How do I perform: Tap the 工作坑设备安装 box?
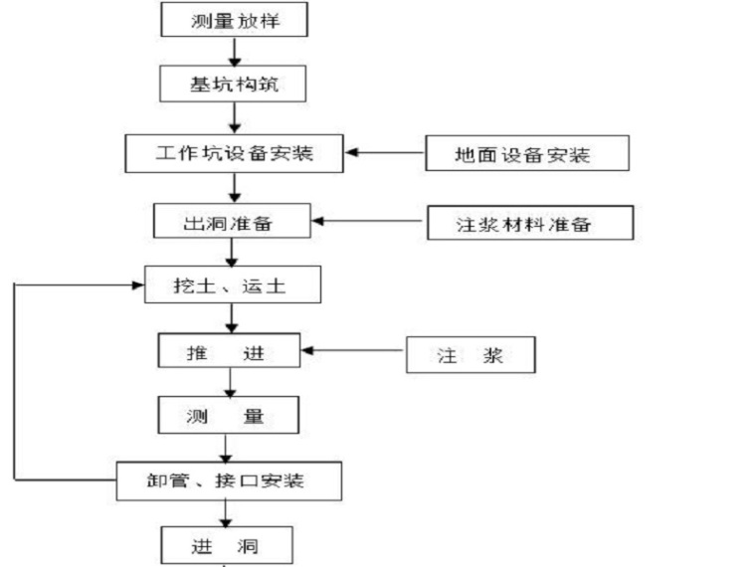[234, 153]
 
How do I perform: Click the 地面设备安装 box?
[527, 153]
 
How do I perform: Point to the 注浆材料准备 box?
[530, 223]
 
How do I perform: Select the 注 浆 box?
[471, 354]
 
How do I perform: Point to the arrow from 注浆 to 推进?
[352, 350]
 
